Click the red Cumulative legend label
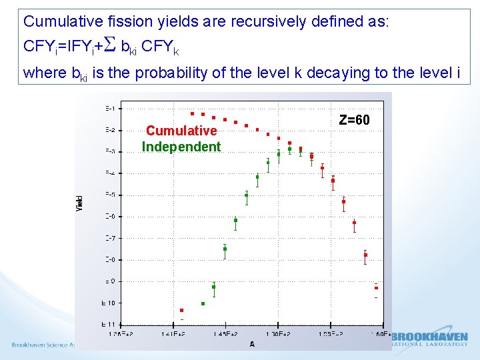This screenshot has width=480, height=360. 181,131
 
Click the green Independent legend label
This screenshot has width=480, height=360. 181,147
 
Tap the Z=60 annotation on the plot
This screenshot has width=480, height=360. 354,121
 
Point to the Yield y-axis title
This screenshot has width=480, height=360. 80,203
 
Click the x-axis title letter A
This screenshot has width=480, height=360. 251,343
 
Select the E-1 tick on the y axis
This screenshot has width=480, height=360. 109,109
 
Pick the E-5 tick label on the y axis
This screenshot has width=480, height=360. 109,195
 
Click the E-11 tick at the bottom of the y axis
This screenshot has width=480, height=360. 108,324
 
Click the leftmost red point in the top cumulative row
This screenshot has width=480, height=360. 192,113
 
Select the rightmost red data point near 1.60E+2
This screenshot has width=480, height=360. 376,288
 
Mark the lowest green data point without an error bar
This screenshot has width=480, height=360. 203,303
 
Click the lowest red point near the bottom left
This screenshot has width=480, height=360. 181,310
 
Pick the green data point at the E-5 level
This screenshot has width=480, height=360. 246,195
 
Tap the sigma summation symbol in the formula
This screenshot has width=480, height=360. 111,46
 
